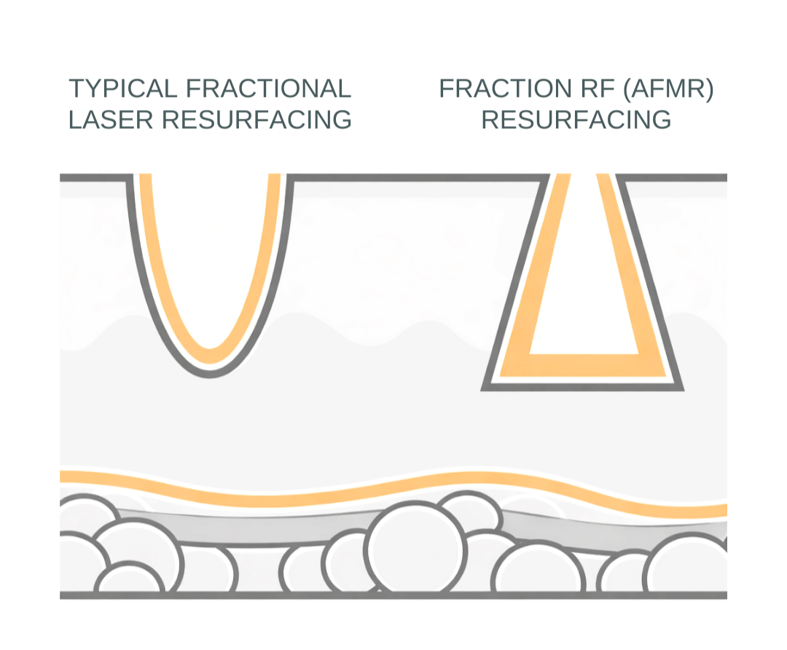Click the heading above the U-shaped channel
tap(209, 108)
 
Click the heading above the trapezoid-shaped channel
tap(577, 108)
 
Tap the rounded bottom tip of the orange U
tap(210, 356)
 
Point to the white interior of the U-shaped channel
tap(210, 255)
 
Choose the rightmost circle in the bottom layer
tap(689, 568)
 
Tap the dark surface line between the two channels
tap(415, 178)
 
